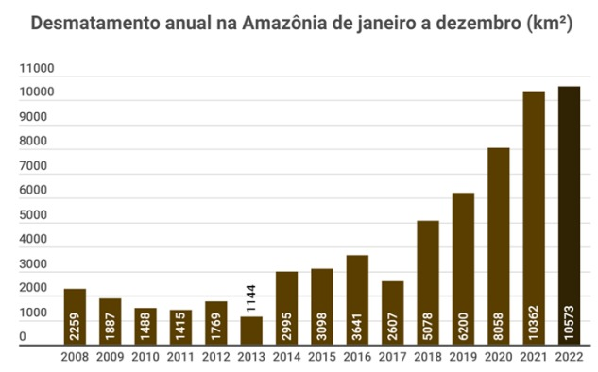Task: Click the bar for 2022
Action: pos(570,215)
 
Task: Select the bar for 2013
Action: pos(251,331)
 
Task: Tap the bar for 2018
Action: pos(428,282)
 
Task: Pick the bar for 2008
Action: pos(76,316)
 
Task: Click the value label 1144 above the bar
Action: pos(251,297)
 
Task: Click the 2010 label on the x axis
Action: pos(145,358)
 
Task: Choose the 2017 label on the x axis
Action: pos(393,358)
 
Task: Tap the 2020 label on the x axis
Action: pos(499,358)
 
